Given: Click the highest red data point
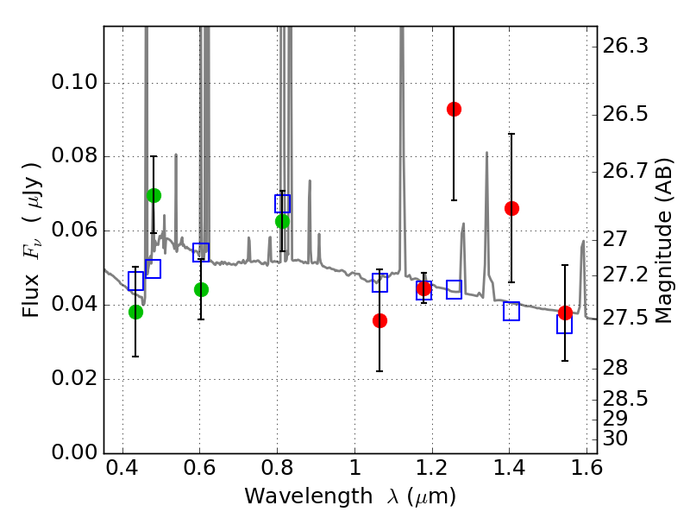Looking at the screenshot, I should coord(454,109).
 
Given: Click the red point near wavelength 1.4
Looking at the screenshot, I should coord(511,208).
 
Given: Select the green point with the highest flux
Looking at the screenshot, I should coord(154,195).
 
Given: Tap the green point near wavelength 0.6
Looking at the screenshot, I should coord(201,289).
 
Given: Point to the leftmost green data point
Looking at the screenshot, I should coord(135,312).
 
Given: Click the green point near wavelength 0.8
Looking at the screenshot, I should coord(282,221).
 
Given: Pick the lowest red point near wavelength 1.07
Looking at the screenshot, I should coord(379,320).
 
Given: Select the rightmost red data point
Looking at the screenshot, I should coord(565,313).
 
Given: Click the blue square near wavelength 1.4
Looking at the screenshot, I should coord(511,312).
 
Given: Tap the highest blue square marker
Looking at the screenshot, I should coord(283,204).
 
